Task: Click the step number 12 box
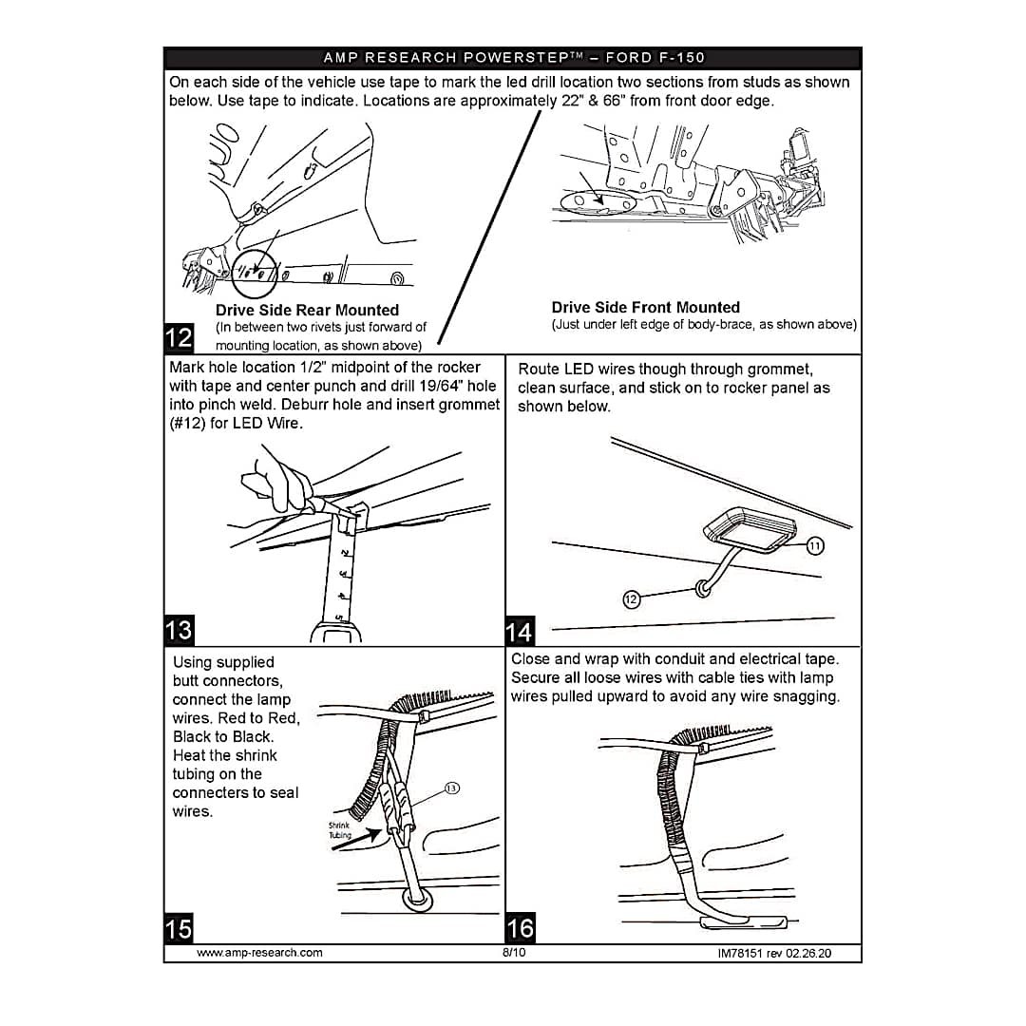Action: (x=179, y=337)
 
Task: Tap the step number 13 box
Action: (x=179, y=630)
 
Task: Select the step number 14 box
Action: (x=520, y=631)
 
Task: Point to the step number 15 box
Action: (x=179, y=928)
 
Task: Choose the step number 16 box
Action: (x=521, y=928)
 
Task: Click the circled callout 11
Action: (x=815, y=545)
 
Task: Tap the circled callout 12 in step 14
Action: (x=631, y=598)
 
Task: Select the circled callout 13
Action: (x=451, y=788)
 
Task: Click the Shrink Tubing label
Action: (x=340, y=829)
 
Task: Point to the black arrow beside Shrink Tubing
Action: (x=356, y=840)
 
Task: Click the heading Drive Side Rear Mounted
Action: (x=307, y=310)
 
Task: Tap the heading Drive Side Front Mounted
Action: (x=645, y=308)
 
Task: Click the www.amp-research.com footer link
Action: (x=259, y=953)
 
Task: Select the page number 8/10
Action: (x=514, y=953)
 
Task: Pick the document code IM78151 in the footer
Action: (x=740, y=954)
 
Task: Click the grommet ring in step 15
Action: (x=417, y=899)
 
